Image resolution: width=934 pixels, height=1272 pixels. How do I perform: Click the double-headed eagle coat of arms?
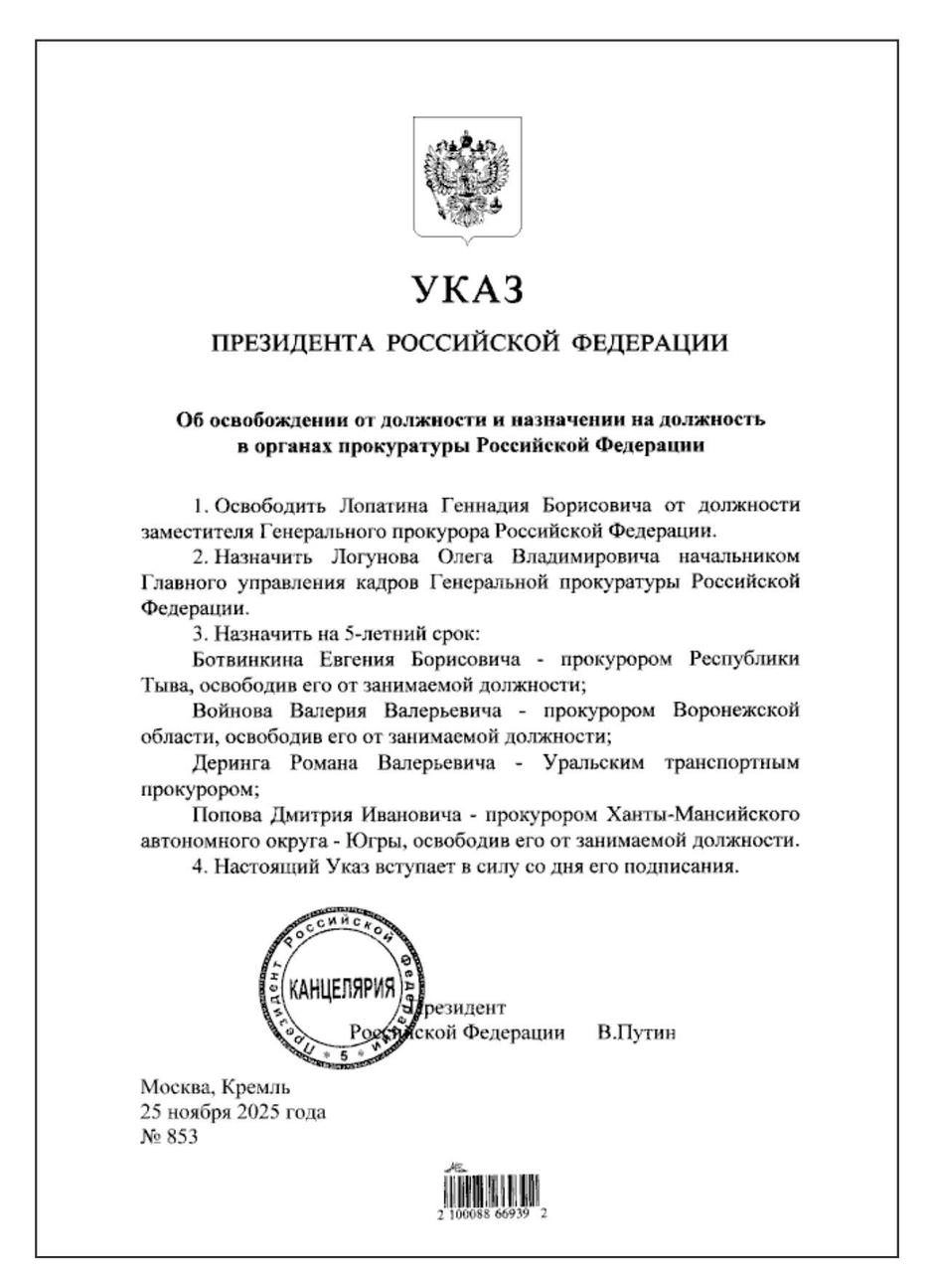467,179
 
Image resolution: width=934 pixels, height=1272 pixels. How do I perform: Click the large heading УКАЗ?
467,289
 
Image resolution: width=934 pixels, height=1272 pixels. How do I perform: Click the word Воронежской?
735,712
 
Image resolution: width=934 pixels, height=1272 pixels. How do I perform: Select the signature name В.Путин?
637,1033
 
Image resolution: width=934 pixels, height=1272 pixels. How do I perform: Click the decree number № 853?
169,1138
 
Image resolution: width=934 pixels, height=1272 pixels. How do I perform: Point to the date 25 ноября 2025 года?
233,1112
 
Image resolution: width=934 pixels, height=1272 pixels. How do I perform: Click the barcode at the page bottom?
492,1192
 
